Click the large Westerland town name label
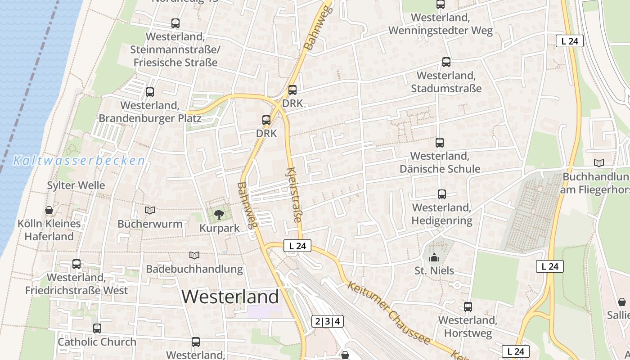point(230,297)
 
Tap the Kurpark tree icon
point(219,215)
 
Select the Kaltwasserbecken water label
point(79,161)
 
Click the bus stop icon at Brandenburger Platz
point(150,92)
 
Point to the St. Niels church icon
point(434,258)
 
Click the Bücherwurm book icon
point(150,210)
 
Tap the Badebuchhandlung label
point(194,269)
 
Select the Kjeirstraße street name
point(293,194)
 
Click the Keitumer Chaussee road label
point(389,314)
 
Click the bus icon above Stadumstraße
point(446,62)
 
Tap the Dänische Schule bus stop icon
point(440,143)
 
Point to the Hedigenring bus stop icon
point(442,194)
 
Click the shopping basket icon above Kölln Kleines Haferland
point(49,210)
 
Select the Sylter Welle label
point(76,185)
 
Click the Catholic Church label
point(97,342)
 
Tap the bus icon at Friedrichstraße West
point(76,264)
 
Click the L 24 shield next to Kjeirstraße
point(297,246)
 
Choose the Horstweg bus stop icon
point(468,307)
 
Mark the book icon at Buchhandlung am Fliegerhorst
point(598,163)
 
